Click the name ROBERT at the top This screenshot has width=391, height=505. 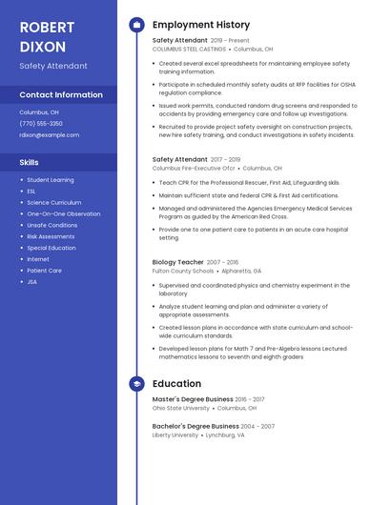pos(47,27)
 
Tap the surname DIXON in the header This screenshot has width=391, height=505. pos(43,47)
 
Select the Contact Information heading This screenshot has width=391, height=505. pos(61,95)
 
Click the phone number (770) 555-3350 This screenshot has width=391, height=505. pos(41,124)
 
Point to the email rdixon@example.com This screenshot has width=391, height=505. pos(50,135)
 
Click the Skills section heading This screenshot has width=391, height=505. pos(29,163)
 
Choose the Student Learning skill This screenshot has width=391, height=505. pos(50,180)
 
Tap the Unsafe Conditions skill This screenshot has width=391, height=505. pos(52,225)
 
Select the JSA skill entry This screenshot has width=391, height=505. pos(32,282)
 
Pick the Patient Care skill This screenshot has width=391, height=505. pos(44,271)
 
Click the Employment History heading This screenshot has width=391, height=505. pos(201,25)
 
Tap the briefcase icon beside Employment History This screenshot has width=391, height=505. pos(136,25)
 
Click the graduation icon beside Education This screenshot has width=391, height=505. pos(136,384)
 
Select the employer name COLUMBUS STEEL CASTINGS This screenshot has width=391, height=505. pos(189,49)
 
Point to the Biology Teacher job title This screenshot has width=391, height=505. pos(178,262)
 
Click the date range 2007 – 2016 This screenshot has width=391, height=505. pos(223,262)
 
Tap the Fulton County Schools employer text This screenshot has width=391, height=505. pos(183,271)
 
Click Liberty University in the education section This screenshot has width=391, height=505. pos(175,434)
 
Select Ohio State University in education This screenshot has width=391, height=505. pos(181,408)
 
